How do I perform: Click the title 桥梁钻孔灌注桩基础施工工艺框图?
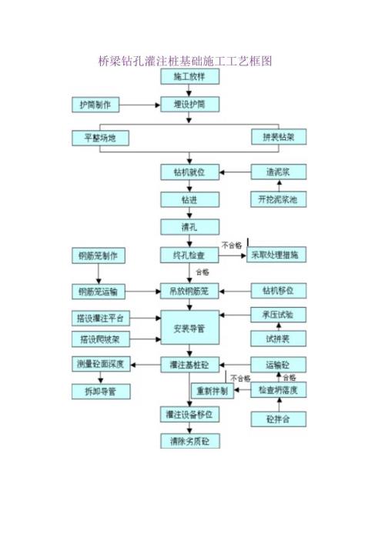(188, 60)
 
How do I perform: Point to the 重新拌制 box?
(211, 391)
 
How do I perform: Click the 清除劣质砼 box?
(189, 442)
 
